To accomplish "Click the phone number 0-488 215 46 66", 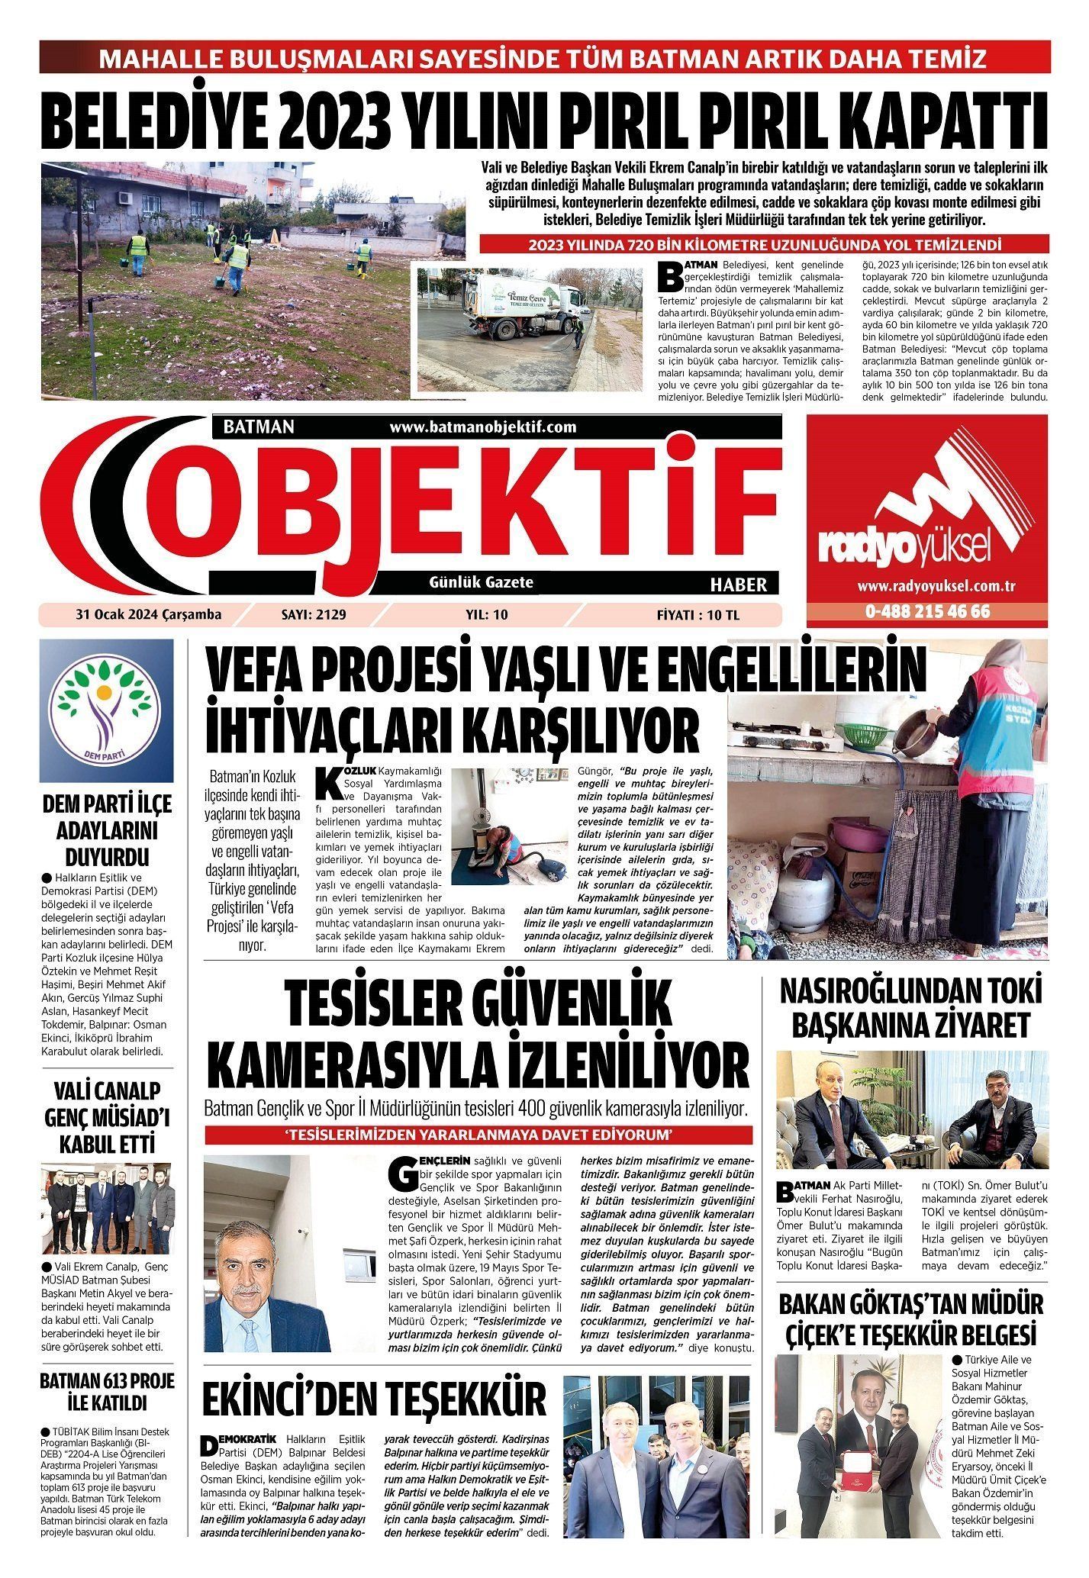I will pyautogui.click(x=927, y=611).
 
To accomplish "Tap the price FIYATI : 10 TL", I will pyautogui.click(x=698, y=614).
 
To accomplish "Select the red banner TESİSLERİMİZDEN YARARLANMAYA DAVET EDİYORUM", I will pyautogui.click(x=478, y=1135).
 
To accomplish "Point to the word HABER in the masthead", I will pyautogui.click(x=738, y=584).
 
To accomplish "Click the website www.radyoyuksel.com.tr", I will pyautogui.click(x=927, y=586).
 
